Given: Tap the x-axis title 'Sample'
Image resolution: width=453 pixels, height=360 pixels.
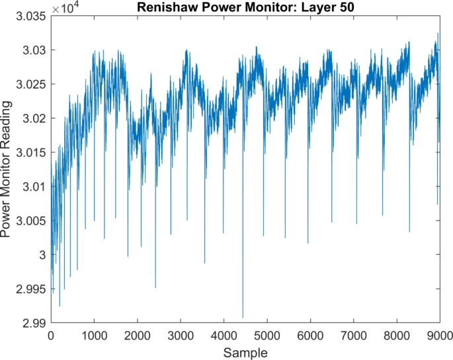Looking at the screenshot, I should click(x=245, y=351).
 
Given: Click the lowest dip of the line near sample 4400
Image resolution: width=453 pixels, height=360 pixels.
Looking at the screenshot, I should click(x=243, y=318).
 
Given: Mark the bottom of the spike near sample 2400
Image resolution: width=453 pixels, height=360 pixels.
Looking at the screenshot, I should click(x=155, y=287).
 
